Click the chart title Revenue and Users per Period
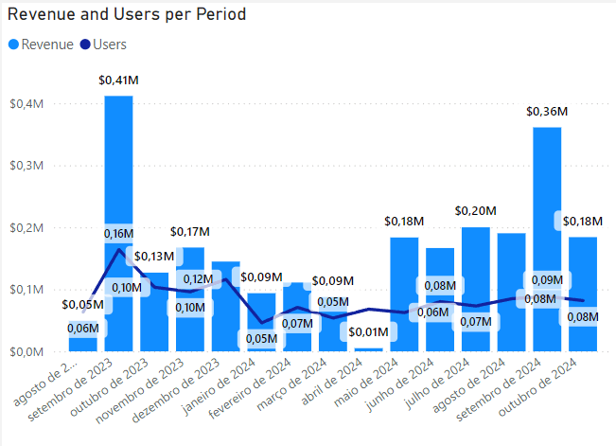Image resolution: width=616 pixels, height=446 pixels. click(x=127, y=15)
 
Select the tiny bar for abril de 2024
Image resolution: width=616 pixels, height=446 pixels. click(x=368, y=349)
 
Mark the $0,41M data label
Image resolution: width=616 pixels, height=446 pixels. click(x=117, y=80)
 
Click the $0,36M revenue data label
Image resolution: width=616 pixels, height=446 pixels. click(x=547, y=111)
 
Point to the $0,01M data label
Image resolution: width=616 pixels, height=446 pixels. click(x=369, y=332)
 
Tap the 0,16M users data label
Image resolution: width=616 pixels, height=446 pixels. click(x=119, y=234)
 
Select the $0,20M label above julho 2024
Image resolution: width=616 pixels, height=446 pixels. click(x=475, y=211)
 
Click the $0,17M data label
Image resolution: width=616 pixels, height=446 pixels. click(x=189, y=231)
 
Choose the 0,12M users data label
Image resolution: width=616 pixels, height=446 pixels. click(x=199, y=279)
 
